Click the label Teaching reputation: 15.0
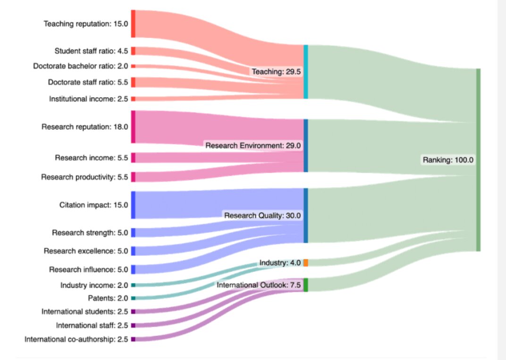click(x=86, y=24)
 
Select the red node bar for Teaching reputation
click(x=133, y=24)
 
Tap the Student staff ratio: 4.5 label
click(x=91, y=51)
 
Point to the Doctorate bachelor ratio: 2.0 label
click(x=81, y=66)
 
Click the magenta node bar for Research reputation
click(x=133, y=127)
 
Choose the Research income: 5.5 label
click(x=92, y=158)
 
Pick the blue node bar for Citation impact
click(x=133, y=205)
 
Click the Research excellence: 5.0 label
click(x=86, y=251)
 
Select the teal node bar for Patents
click(x=133, y=298)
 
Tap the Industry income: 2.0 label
click(x=94, y=285)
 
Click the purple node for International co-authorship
click(x=133, y=339)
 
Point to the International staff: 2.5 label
click(x=92, y=326)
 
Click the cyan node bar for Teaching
click(x=305, y=72)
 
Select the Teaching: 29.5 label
click(x=276, y=72)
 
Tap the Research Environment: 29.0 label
click(x=253, y=145)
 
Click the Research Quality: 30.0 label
click(x=262, y=216)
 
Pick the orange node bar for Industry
click(x=305, y=263)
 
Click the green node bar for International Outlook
click(x=305, y=285)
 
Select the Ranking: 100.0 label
click(x=448, y=159)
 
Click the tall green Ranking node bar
click(x=478, y=160)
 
